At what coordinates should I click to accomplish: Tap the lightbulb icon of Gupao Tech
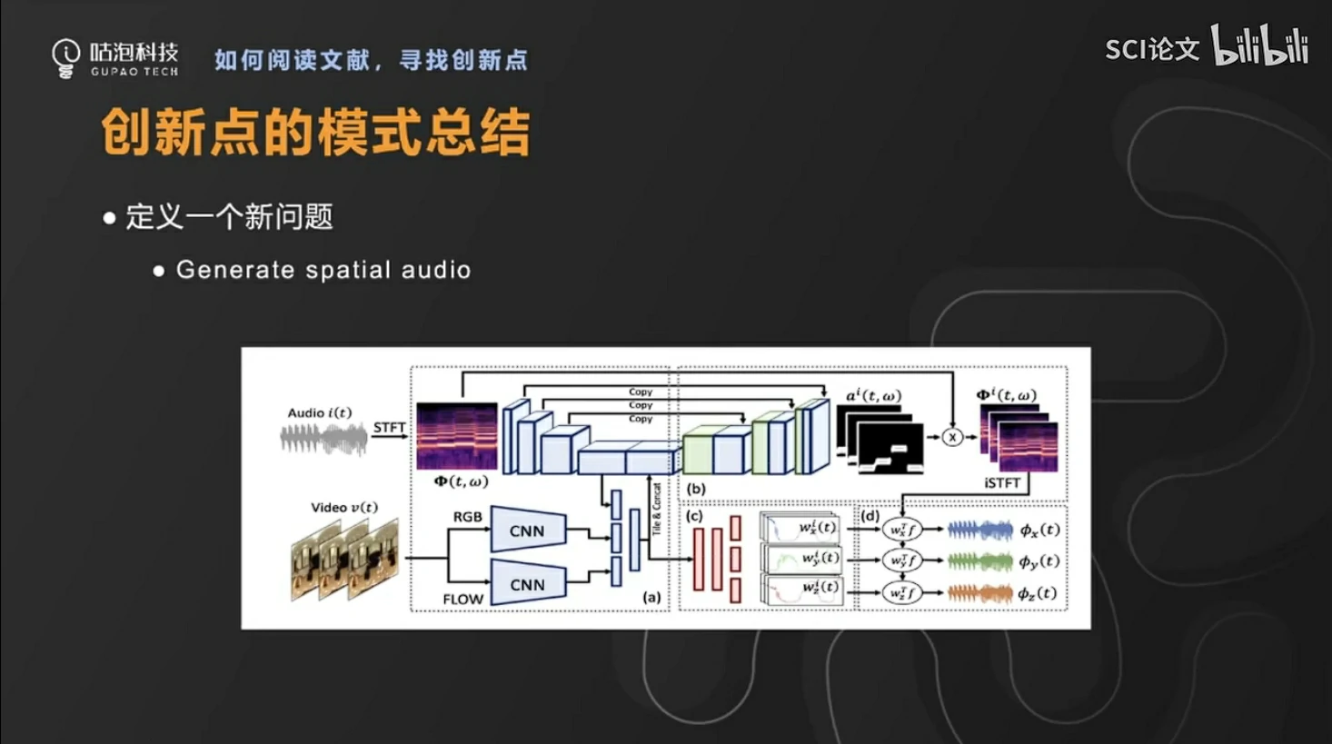pyautogui.click(x=65, y=58)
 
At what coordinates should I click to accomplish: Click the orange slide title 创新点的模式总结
pyautogui.click(x=315, y=133)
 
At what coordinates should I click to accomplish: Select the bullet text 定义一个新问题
pyautogui.click(x=229, y=217)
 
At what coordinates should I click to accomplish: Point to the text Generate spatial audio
pyautogui.click(x=323, y=270)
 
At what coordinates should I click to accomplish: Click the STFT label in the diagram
pyautogui.click(x=389, y=428)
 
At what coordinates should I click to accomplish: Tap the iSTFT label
pyautogui.click(x=1001, y=483)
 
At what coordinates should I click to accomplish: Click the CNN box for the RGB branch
pyautogui.click(x=528, y=531)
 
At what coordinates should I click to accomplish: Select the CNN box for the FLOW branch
pyautogui.click(x=528, y=584)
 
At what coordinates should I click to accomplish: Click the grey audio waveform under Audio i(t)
pyautogui.click(x=323, y=440)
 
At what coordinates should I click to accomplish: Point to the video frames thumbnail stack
pyautogui.click(x=344, y=559)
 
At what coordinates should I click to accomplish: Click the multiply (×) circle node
pyautogui.click(x=951, y=437)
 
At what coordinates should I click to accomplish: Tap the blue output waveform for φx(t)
pyautogui.click(x=979, y=530)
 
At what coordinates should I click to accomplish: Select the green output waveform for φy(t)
pyautogui.click(x=979, y=561)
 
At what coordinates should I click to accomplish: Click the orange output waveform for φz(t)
pyautogui.click(x=979, y=593)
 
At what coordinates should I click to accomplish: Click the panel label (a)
pyautogui.click(x=651, y=597)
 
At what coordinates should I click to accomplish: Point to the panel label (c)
pyautogui.click(x=694, y=516)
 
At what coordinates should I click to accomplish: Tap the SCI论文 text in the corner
pyautogui.click(x=1151, y=49)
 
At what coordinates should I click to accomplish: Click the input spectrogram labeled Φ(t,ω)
pyautogui.click(x=457, y=436)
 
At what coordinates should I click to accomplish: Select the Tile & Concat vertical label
pyautogui.click(x=656, y=509)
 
